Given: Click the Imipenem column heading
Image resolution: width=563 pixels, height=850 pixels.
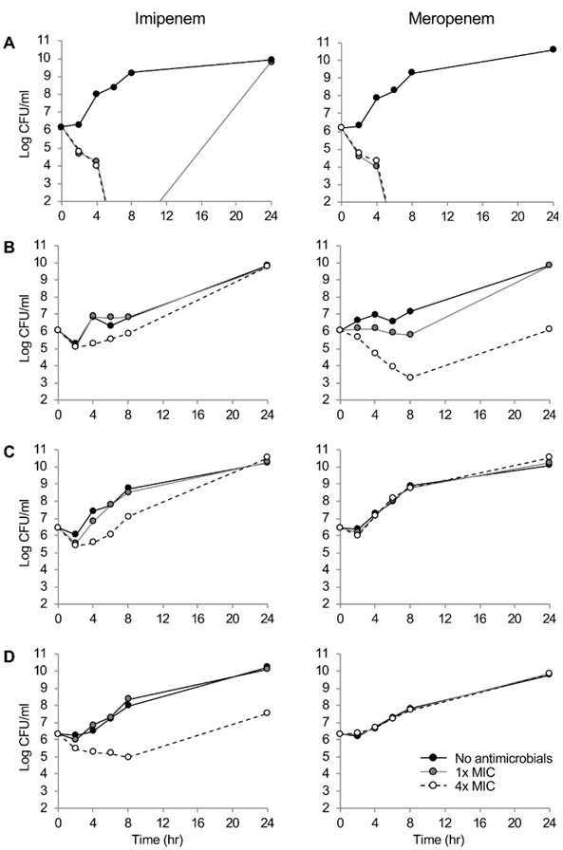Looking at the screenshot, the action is (x=170, y=19).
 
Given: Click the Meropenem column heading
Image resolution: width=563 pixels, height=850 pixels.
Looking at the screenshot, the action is (x=451, y=19).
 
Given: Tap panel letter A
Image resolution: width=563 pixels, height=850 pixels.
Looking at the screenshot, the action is (x=9, y=44).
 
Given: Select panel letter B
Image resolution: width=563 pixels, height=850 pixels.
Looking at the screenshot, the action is (x=9, y=248).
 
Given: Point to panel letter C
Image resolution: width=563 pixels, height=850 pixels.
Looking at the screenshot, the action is (x=9, y=452).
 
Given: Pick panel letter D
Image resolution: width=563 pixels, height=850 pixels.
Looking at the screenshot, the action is (x=9, y=656).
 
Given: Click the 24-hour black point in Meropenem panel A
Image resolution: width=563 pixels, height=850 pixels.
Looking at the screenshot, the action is (x=554, y=49).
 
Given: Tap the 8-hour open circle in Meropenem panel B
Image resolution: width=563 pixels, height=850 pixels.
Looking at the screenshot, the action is (x=410, y=378).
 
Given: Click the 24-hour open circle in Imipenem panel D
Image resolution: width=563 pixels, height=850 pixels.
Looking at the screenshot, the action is (x=267, y=712).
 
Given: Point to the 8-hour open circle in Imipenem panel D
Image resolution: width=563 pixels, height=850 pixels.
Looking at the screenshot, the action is (x=128, y=757).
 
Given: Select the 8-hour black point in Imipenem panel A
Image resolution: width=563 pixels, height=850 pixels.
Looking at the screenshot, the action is (x=131, y=72).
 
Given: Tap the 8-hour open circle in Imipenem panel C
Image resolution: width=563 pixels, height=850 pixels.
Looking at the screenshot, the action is (x=128, y=516).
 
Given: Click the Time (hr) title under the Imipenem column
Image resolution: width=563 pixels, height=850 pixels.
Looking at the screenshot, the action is (x=158, y=841).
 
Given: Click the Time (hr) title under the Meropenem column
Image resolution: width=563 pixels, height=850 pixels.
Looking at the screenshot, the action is (x=439, y=841).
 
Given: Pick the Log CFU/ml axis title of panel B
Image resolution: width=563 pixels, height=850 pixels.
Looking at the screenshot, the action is (x=25, y=323).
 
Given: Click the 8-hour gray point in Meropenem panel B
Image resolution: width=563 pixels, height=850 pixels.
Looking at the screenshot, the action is (x=410, y=335).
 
